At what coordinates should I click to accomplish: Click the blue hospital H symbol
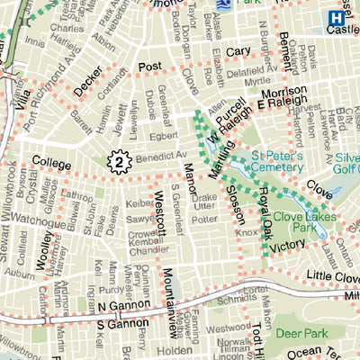click(336, 17)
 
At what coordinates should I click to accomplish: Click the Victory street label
click(288, 244)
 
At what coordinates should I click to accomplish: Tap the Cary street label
click(238, 51)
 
